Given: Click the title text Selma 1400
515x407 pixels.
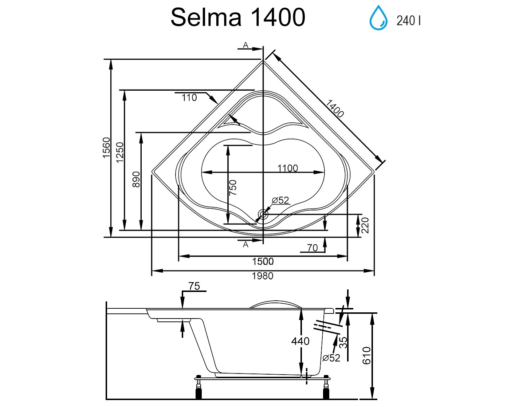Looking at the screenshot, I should coord(237,17).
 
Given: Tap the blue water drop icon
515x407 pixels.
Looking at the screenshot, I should coord(378,18).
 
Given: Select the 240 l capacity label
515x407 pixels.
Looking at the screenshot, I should coord(408,21).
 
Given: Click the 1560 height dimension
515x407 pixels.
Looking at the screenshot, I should coord(106,147).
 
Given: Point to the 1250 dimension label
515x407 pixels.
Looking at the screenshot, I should coord(120,152).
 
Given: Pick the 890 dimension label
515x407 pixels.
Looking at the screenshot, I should coord(136,179).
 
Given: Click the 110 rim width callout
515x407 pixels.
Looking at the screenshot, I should coord(189,98).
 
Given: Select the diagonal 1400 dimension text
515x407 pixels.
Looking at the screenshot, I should coord(334,108).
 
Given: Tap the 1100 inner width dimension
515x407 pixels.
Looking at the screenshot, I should coord(287,168).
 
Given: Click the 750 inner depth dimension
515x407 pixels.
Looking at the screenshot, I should coord(233,187).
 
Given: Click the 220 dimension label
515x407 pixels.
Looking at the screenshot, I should coord(365,225).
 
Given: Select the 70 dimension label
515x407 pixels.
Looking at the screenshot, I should coord(312,248).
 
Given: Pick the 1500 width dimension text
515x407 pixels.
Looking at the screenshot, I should coord(263,261).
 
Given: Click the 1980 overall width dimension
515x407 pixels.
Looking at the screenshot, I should coord(263,276).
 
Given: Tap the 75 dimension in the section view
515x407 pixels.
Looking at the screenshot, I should coord(194,287).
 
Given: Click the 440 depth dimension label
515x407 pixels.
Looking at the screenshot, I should coord(300,341).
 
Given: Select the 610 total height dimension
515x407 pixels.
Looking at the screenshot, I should coord(366,355).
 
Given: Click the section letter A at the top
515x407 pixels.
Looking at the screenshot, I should coord(246,45).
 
